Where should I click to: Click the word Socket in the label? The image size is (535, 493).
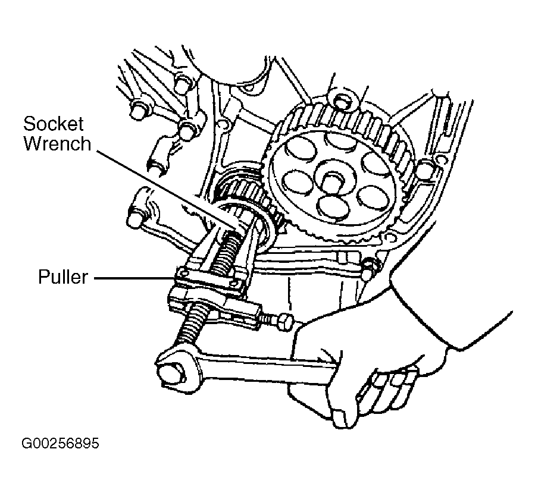(53, 125)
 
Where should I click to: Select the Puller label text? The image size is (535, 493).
(63, 277)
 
